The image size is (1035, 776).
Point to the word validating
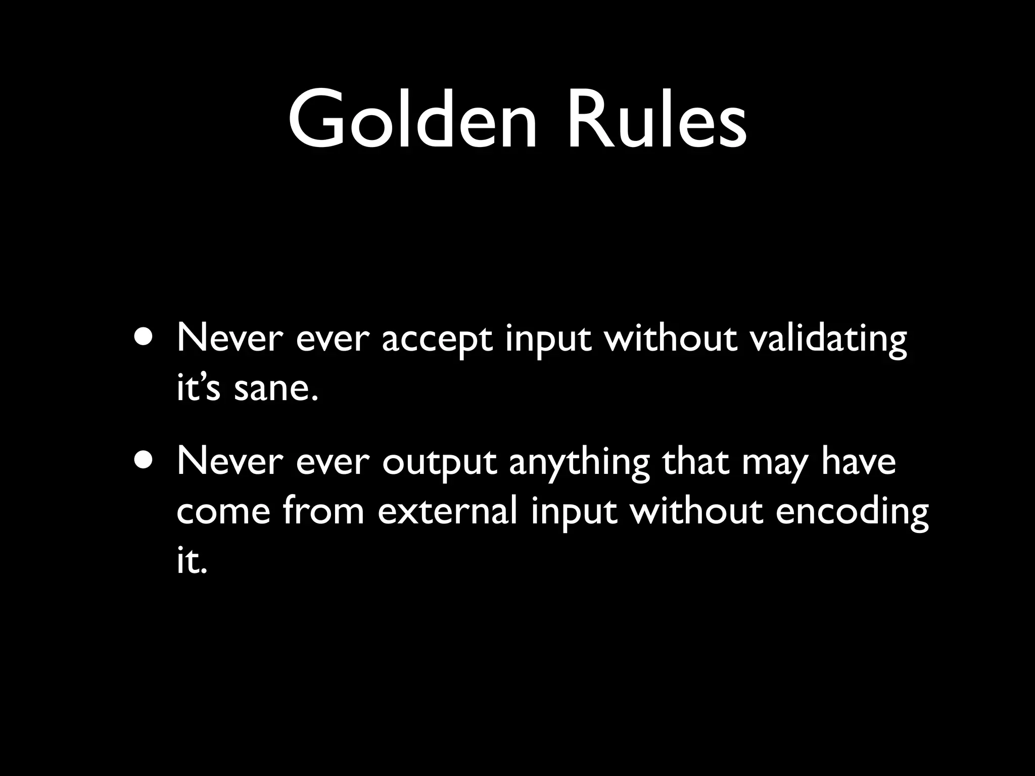coord(828,340)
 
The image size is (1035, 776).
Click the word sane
coord(276,390)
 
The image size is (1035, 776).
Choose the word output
coord(439,463)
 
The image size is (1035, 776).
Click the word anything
coord(579,463)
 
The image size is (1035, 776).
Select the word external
coord(447,511)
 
